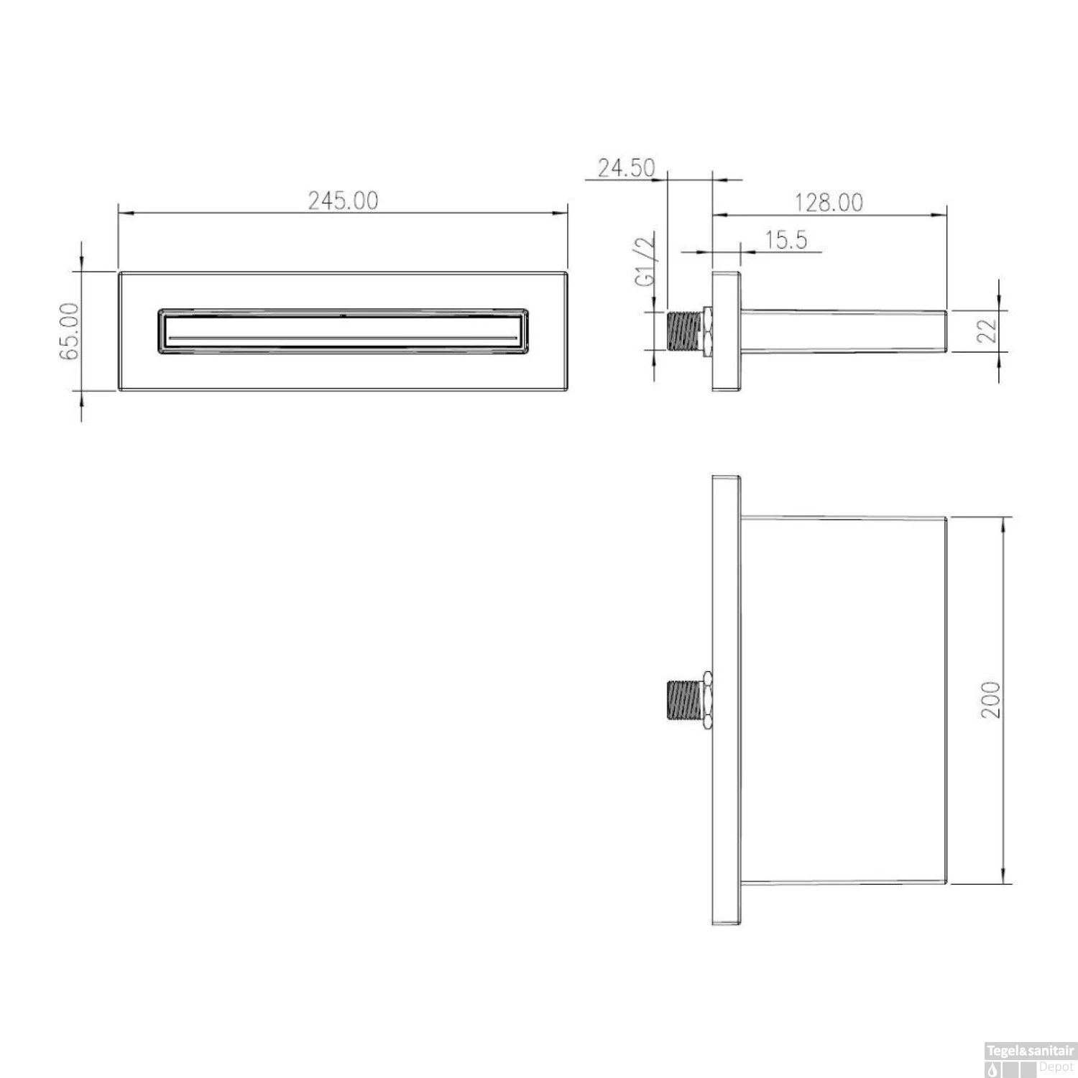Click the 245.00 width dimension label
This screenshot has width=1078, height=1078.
click(x=343, y=201)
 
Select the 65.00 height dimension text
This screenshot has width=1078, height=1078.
click(x=70, y=332)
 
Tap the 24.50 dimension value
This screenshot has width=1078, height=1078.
click(x=627, y=168)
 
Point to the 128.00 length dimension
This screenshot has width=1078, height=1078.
click(x=829, y=203)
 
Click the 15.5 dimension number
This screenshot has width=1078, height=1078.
click(x=786, y=239)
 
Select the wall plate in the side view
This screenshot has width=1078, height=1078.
click(x=726, y=331)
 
